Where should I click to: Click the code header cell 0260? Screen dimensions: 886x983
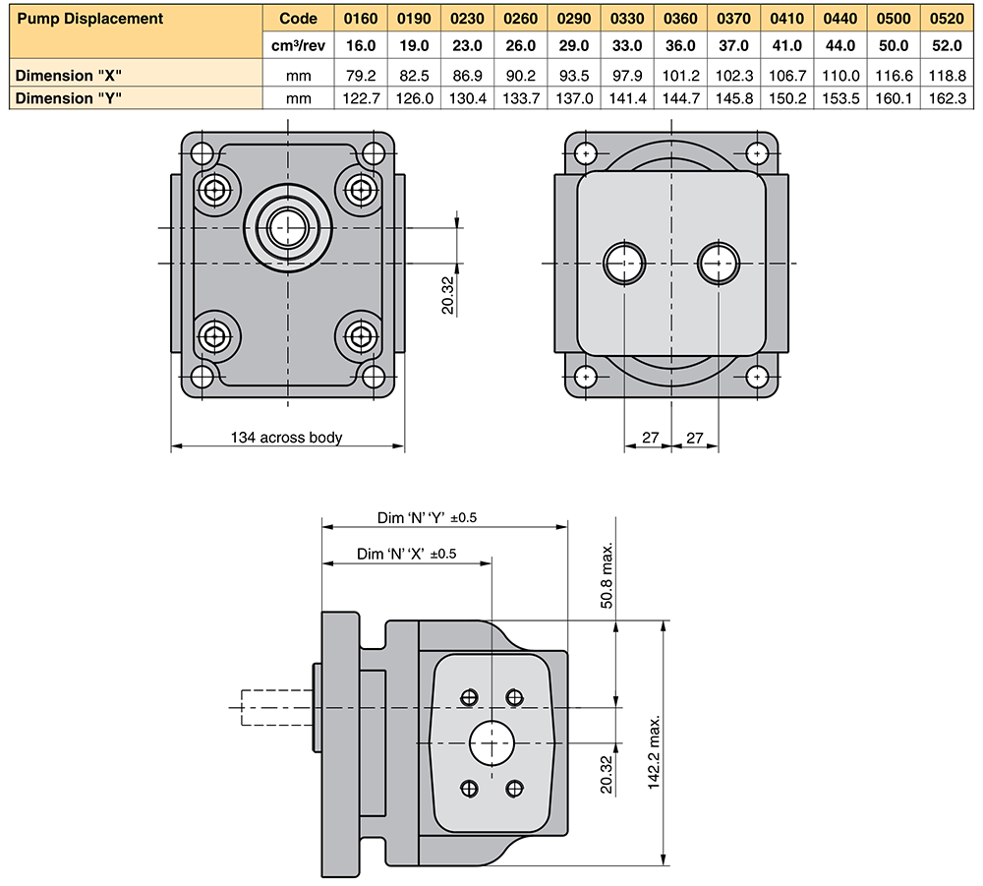[x=520, y=18]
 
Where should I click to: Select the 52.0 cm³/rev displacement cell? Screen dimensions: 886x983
[x=947, y=45]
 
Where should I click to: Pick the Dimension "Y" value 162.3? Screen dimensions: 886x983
[x=947, y=97]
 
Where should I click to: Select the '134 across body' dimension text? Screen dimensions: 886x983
[x=286, y=437]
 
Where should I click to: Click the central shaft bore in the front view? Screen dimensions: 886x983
[x=287, y=225]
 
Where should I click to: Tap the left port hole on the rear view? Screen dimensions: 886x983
[x=624, y=263]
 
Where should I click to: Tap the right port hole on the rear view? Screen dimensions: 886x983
[x=718, y=263]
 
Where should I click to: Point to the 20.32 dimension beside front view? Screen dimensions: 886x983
[x=448, y=293]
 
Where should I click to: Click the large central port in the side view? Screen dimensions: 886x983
[x=491, y=742]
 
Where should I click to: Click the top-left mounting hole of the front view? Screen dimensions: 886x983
[x=202, y=153]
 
